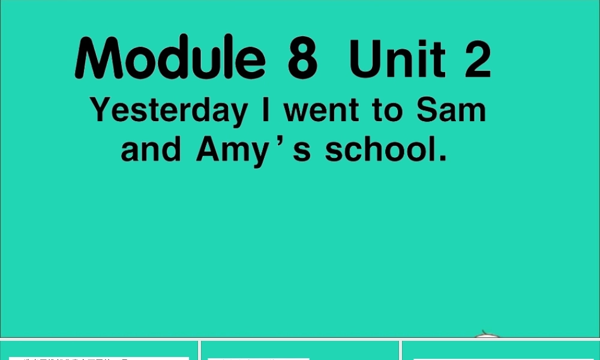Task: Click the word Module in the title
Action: (170, 59)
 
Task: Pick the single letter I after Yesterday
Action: (265, 110)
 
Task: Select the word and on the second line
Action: (151, 149)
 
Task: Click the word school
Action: (378, 149)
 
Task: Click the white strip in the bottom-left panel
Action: (98, 358)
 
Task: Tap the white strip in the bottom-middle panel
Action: (258, 358)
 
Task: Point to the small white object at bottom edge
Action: (487, 334)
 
